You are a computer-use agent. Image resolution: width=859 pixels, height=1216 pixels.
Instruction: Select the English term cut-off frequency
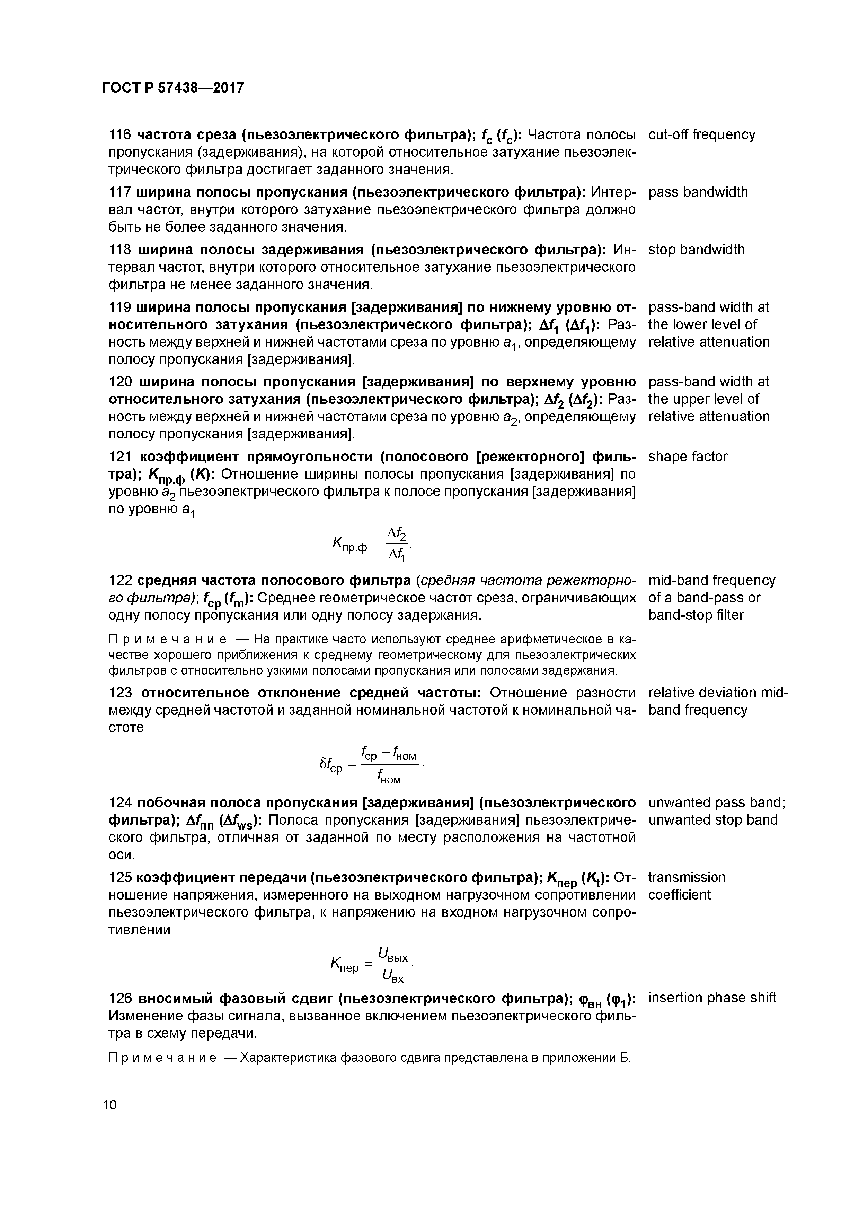click(x=702, y=134)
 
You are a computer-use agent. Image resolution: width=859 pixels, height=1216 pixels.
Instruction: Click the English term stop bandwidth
click(x=696, y=250)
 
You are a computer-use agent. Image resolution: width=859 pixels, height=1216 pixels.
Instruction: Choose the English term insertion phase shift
click(x=712, y=998)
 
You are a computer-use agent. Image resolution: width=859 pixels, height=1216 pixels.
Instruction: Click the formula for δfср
click(x=372, y=765)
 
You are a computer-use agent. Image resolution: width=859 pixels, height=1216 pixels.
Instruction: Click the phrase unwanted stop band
click(x=712, y=820)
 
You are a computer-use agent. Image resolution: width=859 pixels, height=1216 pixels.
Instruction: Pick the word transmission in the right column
click(x=687, y=878)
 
